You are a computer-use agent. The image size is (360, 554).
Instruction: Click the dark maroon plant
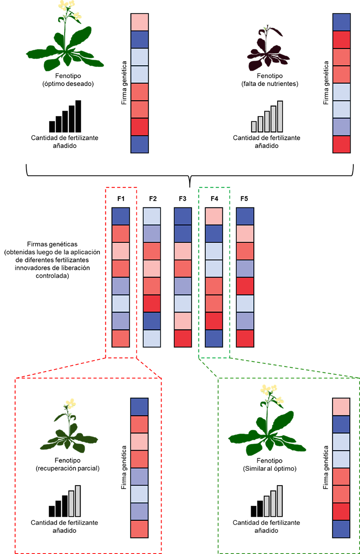[269, 53]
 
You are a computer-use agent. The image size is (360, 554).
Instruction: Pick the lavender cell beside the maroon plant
[341, 127]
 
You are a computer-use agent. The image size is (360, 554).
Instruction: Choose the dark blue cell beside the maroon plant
[341, 22]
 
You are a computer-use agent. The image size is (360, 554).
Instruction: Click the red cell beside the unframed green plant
[139, 127]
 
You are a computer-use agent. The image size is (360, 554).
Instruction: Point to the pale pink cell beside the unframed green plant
[139, 22]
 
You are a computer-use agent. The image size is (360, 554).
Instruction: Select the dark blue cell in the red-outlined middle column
[121, 216]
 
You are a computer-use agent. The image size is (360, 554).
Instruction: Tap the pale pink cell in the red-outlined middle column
[121, 251]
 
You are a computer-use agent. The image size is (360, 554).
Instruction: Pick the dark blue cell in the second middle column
[151, 321]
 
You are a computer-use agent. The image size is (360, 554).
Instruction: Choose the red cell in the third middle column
[183, 338]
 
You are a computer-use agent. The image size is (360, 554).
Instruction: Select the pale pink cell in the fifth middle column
[245, 234]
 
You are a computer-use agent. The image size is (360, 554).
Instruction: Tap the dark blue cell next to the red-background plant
[139, 407]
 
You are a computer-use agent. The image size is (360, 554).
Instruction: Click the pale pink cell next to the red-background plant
[139, 442]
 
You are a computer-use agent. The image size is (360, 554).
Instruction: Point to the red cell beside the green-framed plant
[341, 511]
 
